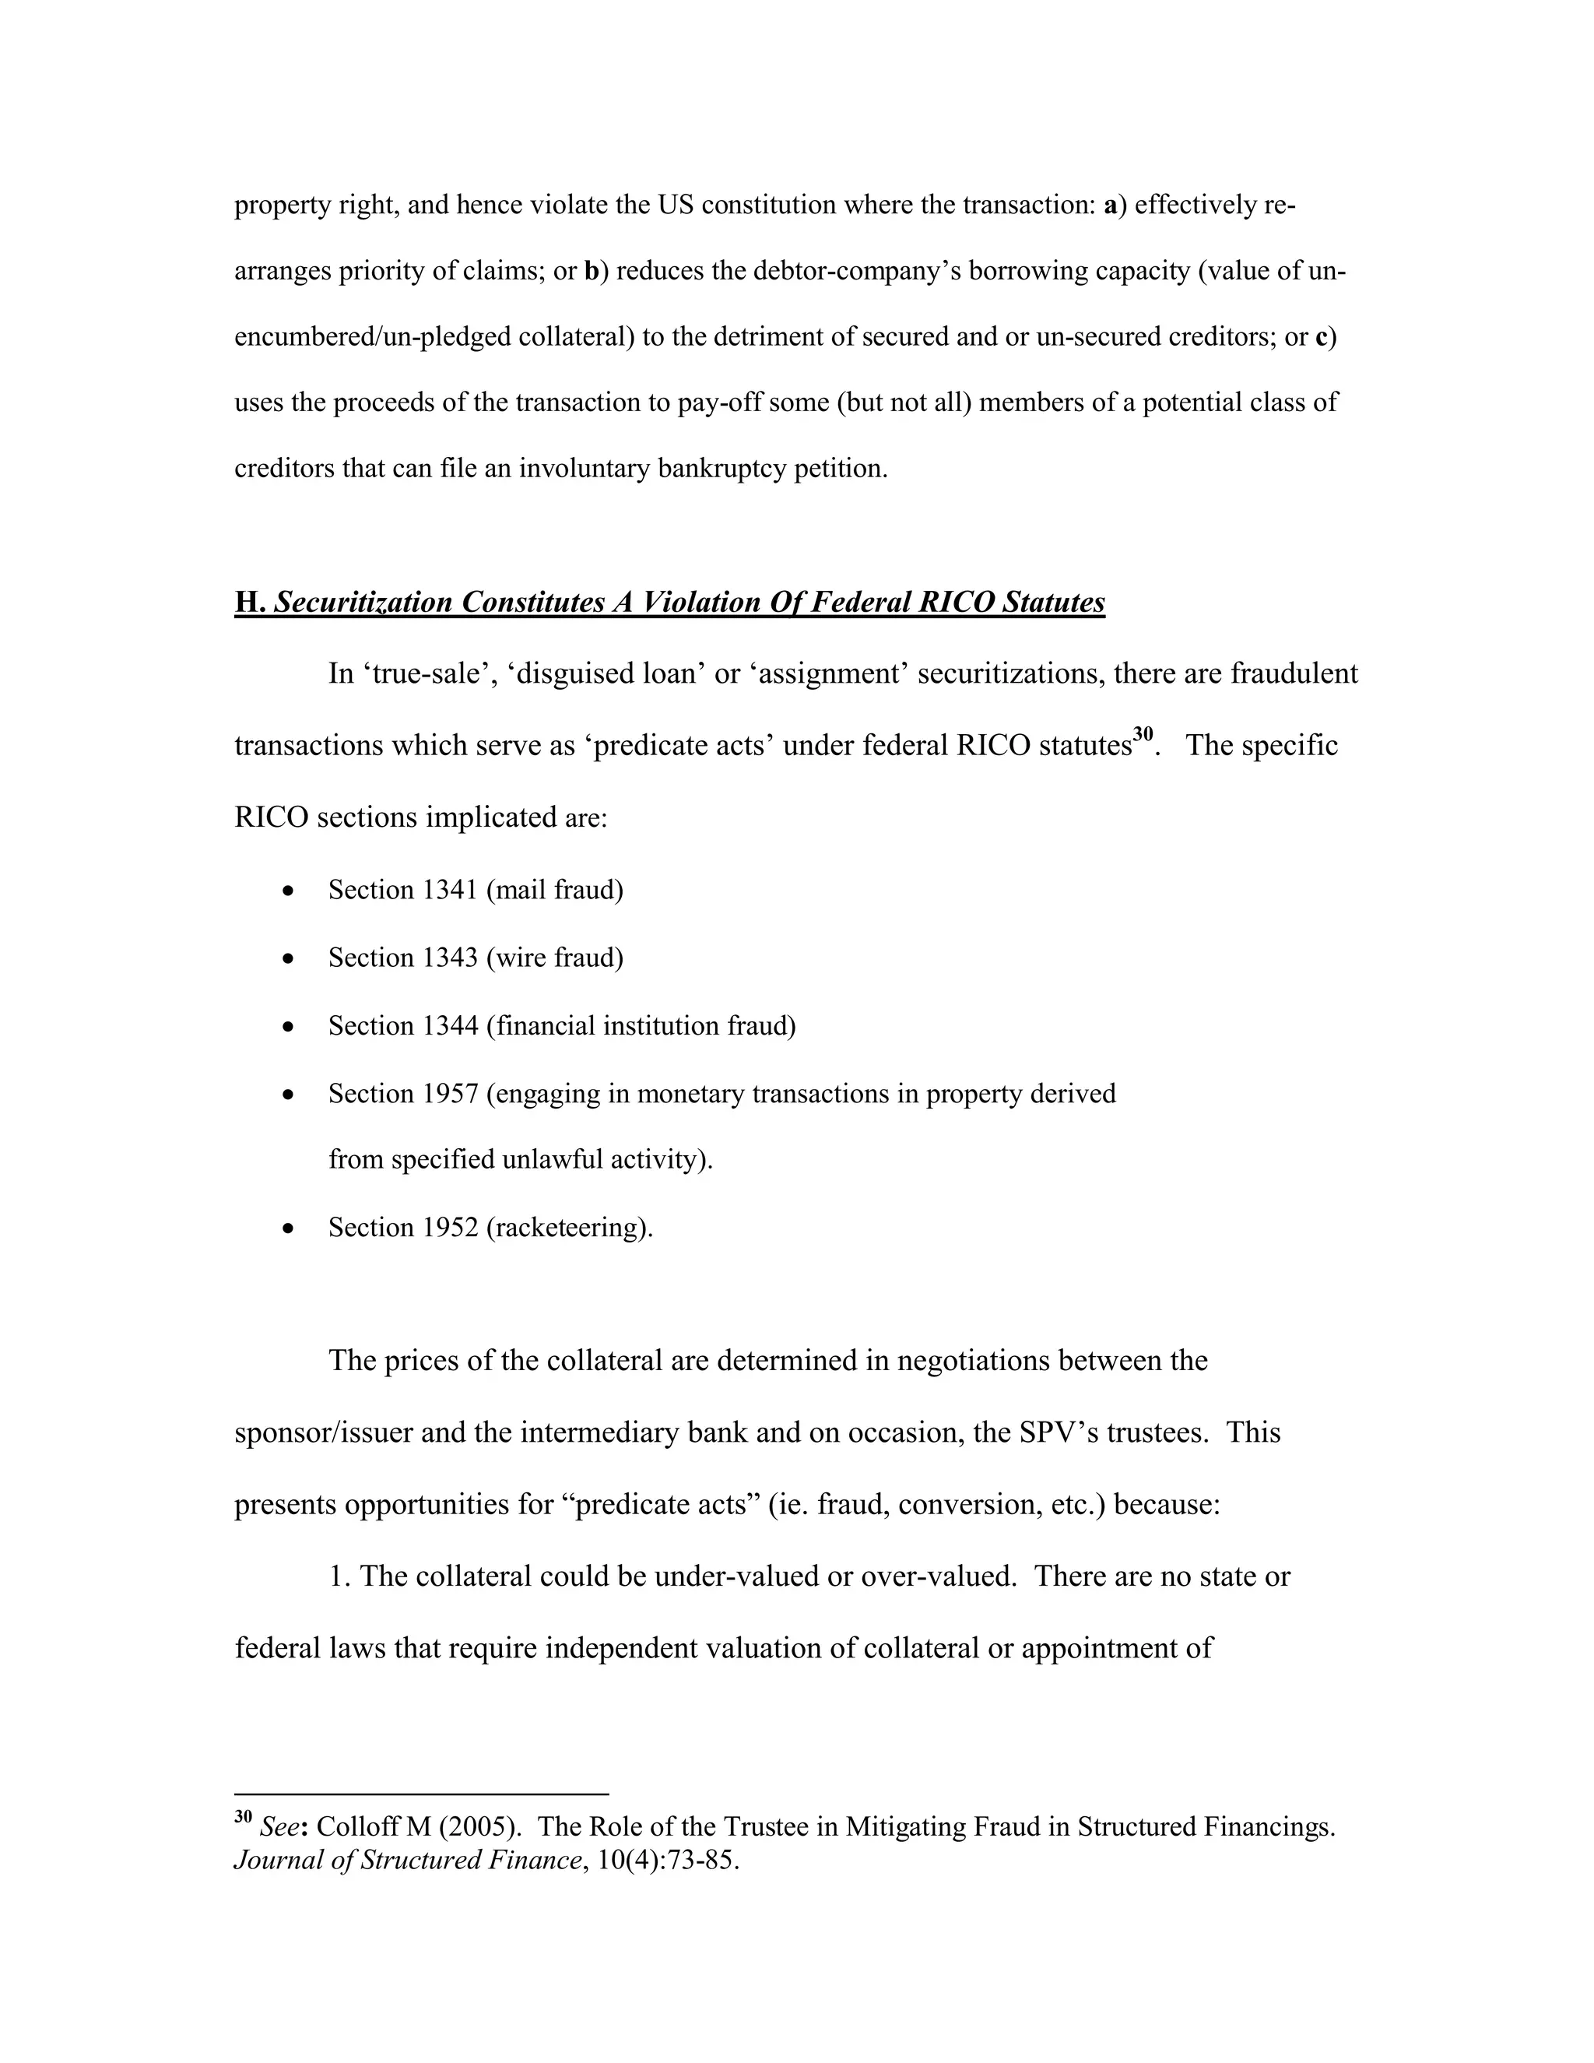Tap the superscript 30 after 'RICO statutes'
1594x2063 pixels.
(x=1143, y=734)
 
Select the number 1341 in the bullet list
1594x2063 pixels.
(x=451, y=891)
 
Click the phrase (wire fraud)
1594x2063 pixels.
(x=555, y=959)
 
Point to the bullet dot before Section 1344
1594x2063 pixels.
(x=289, y=1027)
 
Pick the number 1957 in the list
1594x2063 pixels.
(x=451, y=1094)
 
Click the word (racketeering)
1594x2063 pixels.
(x=570, y=1228)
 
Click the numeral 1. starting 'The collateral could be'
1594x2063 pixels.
(x=340, y=1576)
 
